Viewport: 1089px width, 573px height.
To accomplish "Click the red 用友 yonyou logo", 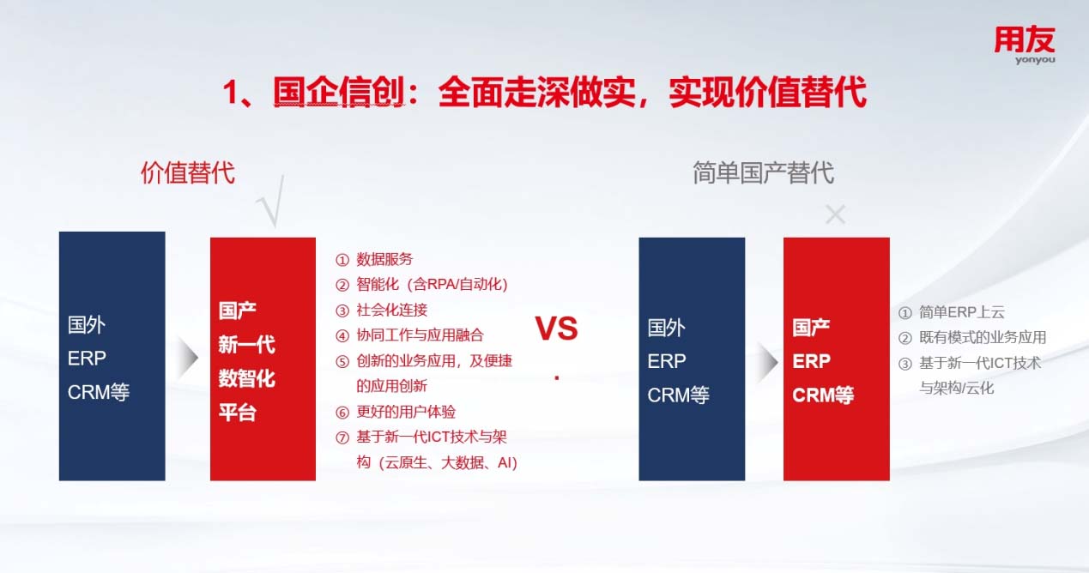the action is click(1025, 45).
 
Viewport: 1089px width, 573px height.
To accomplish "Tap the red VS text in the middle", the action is click(557, 329).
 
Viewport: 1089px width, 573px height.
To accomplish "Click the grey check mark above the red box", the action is click(271, 202).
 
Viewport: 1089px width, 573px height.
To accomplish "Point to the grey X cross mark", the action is click(836, 214).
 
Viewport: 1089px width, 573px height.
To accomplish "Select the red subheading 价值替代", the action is click(188, 173).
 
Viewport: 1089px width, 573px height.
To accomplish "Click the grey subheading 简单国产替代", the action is click(763, 173).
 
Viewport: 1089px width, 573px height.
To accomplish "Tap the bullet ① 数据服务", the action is click(374, 260).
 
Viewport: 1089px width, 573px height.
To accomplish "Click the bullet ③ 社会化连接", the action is click(382, 310).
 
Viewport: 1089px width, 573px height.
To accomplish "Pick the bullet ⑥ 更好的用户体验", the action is click(396, 412).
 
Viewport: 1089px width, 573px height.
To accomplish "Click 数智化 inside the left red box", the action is click(246, 378).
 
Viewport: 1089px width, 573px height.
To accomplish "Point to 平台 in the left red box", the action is click(237, 413).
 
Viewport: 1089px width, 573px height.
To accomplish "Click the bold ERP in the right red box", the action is click(812, 361).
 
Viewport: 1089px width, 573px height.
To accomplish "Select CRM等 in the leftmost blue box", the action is click(99, 392).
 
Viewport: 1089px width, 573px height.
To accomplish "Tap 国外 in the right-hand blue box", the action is click(666, 328).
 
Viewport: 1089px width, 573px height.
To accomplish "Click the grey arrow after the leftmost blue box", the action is click(188, 358).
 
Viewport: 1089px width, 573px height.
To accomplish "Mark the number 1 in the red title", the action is click(230, 93).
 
